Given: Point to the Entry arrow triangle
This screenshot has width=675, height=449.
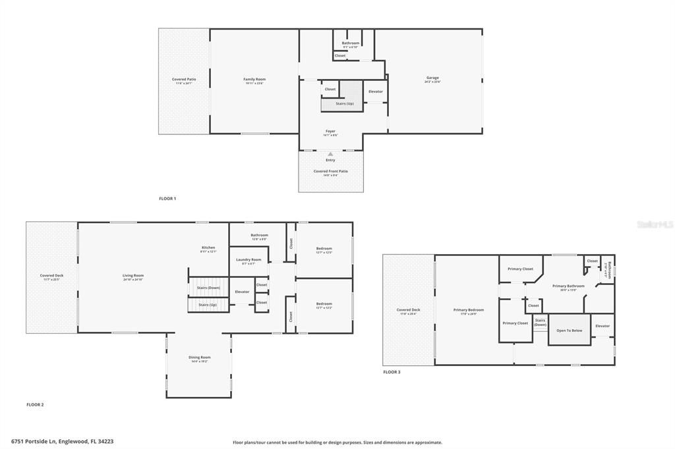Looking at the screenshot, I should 330,154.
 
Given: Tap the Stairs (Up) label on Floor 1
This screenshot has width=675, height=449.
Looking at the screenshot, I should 345,103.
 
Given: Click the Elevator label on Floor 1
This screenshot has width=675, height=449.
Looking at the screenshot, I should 376,92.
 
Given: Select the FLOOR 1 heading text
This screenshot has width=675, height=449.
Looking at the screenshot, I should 167,198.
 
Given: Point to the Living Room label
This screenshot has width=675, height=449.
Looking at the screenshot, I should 133,277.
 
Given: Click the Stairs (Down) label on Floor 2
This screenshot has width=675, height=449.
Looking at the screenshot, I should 209,288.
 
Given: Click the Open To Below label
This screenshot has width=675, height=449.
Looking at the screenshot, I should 570,330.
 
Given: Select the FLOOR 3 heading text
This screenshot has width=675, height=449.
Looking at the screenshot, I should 392,372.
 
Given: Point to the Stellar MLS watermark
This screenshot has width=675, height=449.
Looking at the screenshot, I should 655,224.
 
